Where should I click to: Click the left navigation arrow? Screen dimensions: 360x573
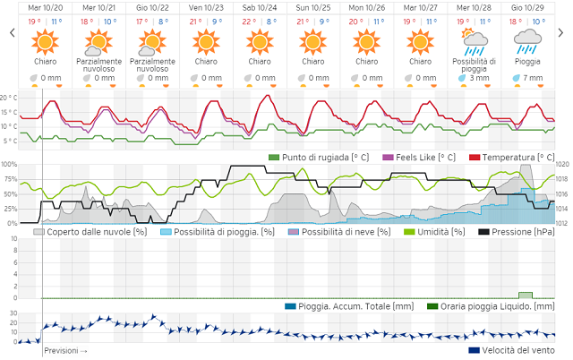point(11,33)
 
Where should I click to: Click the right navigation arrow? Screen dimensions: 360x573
point(563,33)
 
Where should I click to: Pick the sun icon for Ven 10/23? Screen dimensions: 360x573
point(206,41)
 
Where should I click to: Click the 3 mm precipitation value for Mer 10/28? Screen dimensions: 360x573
point(481,78)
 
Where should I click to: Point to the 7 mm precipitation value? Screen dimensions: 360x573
point(534,78)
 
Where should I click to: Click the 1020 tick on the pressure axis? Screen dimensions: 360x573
point(563,165)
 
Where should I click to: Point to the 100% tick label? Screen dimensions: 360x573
point(10,165)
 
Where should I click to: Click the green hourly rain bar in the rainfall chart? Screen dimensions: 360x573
point(526,295)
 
